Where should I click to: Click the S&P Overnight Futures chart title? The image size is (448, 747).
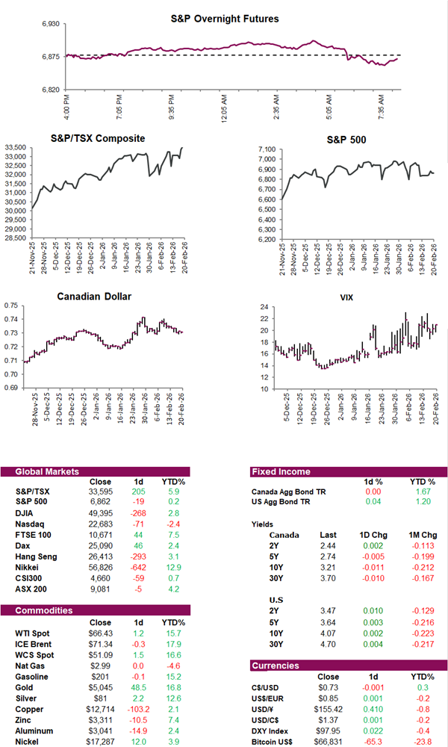click(x=234, y=18)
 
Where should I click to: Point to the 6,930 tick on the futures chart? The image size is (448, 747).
click(x=53, y=25)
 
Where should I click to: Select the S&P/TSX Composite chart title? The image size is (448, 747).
click(x=108, y=138)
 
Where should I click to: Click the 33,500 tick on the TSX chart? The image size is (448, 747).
click(x=16, y=148)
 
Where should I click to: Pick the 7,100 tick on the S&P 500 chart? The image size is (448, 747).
click(x=267, y=149)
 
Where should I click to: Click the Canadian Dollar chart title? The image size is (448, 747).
click(x=94, y=297)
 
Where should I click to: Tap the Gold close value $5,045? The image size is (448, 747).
click(x=100, y=682)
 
